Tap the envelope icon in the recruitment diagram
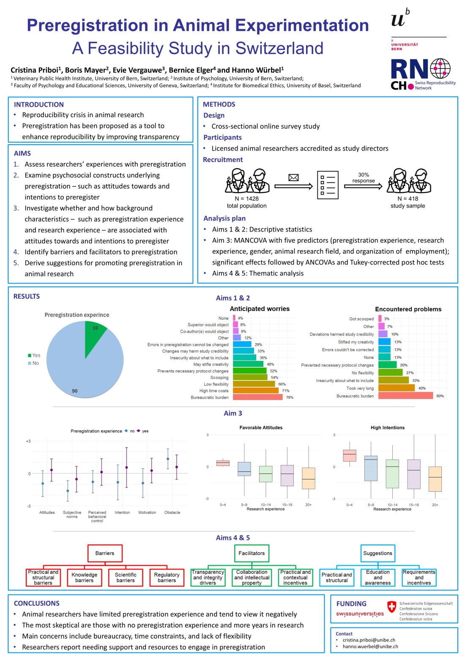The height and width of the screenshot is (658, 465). click(x=293, y=178)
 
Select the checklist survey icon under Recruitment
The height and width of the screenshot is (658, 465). click(x=328, y=185)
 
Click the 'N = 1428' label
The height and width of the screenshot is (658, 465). click(x=246, y=198)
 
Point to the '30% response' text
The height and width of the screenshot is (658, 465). click(x=363, y=178)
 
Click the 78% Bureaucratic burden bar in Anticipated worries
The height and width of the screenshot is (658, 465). click(x=257, y=397)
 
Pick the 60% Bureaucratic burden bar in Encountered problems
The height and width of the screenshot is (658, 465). click(x=405, y=396)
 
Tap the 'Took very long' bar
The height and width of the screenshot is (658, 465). click(x=396, y=388)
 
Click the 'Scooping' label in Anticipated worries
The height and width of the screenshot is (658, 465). click(x=219, y=377)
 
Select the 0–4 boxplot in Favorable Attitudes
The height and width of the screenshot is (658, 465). click(x=223, y=463)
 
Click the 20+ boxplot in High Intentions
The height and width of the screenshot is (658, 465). click(x=435, y=479)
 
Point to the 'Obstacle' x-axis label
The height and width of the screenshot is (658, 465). click(x=172, y=512)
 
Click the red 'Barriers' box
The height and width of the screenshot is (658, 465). click(x=105, y=553)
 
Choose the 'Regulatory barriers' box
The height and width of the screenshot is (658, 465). click(x=167, y=578)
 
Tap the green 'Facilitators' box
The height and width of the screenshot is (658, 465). click(x=252, y=553)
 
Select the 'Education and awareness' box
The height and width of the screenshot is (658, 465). click(x=378, y=578)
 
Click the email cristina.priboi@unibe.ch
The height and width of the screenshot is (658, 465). click(x=369, y=640)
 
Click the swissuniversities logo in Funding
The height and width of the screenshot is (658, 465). click(x=360, y=614)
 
